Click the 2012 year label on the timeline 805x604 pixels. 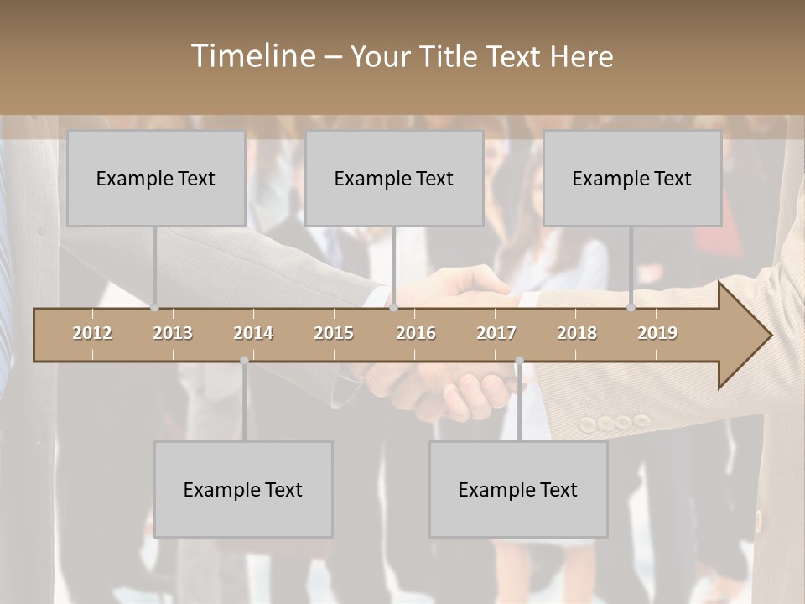pyautogui.click(x=92, y=333)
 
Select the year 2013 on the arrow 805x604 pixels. pyautogui.click(x=173, y=333)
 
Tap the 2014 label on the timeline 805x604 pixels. pyautogui.click(x=253, y=333)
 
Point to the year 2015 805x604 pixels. pyautogui.click(x=334, y=333)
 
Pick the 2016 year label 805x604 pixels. pyautogui.click(x=416, y=333)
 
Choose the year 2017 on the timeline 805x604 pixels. pyautogui.click(x=496, y=333)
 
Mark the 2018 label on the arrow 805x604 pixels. pyautogui.click(x=577, y=333)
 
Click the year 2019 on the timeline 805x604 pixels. pyautogui.click(x=657, y=333)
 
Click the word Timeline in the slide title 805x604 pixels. pyautogui.click(x=252, y=55)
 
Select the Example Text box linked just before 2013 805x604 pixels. pyautogui.click(x=156, y=178)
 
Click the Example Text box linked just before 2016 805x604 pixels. pyautogui.click(x=394, y=178)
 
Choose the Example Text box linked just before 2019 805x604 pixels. pyautogui.click(x=632, y=178)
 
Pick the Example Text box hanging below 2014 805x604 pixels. pyautogui.click(x=243, y=489)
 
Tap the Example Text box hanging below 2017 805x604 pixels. pyautogui.click(x=518, y=489)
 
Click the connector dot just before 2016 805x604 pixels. pyautogui.click(x=393, y=308)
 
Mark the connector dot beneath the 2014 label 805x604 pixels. pyautogui.click(x=244, y=361)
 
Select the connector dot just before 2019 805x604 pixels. pyautogui.click(x=631, y=308)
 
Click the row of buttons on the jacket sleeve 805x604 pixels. pyautogui.click(x=615, y=422)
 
